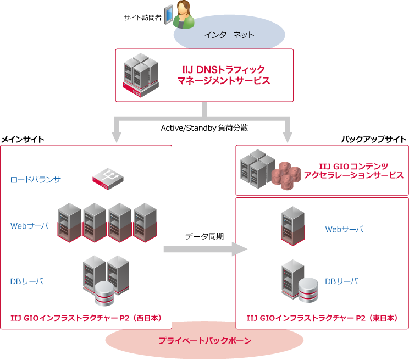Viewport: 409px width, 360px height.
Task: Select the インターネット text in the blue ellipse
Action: (x=229, y=35)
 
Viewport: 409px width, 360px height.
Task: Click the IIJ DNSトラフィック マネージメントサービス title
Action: (x=223, y=75)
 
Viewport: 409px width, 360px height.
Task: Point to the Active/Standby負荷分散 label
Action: (x=204, y=128)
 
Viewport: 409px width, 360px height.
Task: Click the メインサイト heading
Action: (x=23, y=140)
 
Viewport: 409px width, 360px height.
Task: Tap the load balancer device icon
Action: (x=108, y=179)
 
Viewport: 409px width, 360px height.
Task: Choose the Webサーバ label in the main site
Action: (x=30, y=226)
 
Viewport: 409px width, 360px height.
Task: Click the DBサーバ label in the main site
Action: (x=27, y=281)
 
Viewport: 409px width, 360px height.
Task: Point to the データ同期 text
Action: (x=204, y=236)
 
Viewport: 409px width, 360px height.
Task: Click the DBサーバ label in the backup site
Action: (x=341, y=281)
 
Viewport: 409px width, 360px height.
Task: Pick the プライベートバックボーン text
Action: (x=204, y=341)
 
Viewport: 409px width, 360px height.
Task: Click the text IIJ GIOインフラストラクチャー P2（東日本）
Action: (x=322, y=318)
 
